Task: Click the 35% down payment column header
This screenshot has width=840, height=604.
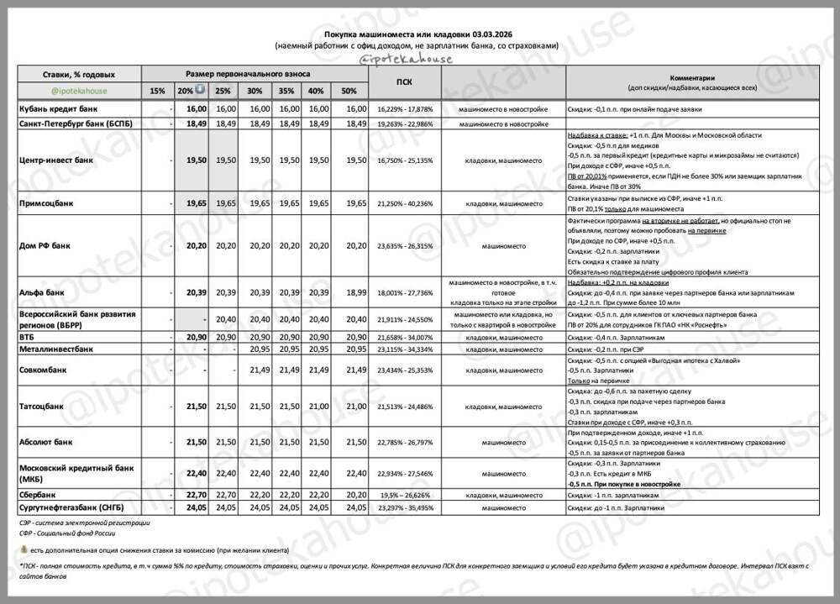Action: click(x=286, y=91)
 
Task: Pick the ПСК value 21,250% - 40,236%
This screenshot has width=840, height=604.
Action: click(x=406, y=202)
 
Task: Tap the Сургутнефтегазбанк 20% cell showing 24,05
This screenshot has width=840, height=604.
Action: click(x=196, y=507)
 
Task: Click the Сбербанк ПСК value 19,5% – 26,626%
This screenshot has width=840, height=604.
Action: click(x=406, y=496)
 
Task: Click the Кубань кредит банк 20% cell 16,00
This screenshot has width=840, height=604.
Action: click(x=196, y=109)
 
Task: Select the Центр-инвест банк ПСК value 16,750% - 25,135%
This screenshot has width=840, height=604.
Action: click(x=406, y=160)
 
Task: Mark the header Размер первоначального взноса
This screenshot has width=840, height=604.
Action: click(x=255, y=74)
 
